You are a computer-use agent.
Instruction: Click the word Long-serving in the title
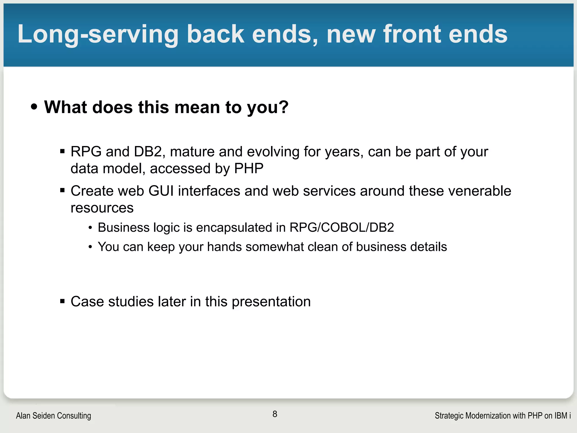[x=97, y=34]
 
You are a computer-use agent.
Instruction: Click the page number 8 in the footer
[x=275, y=414]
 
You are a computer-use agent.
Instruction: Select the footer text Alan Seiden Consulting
[x=54, y=416]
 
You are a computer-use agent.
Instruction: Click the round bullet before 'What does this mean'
[x=34, y=107]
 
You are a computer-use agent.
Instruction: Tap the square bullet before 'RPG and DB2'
[x=63, y=152]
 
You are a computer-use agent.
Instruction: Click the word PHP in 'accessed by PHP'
[x=249, y=169]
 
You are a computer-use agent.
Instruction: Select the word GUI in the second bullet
[x=161, y=191]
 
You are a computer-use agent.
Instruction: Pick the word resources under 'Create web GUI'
[x=102, y=208]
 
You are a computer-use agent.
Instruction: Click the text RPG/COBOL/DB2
[x=341, y=227]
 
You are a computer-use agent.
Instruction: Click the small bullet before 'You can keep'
[x=90, y=247]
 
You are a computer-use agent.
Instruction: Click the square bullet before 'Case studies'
[x=63, y=302]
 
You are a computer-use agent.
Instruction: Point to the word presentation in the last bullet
[x=271, y=302]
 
